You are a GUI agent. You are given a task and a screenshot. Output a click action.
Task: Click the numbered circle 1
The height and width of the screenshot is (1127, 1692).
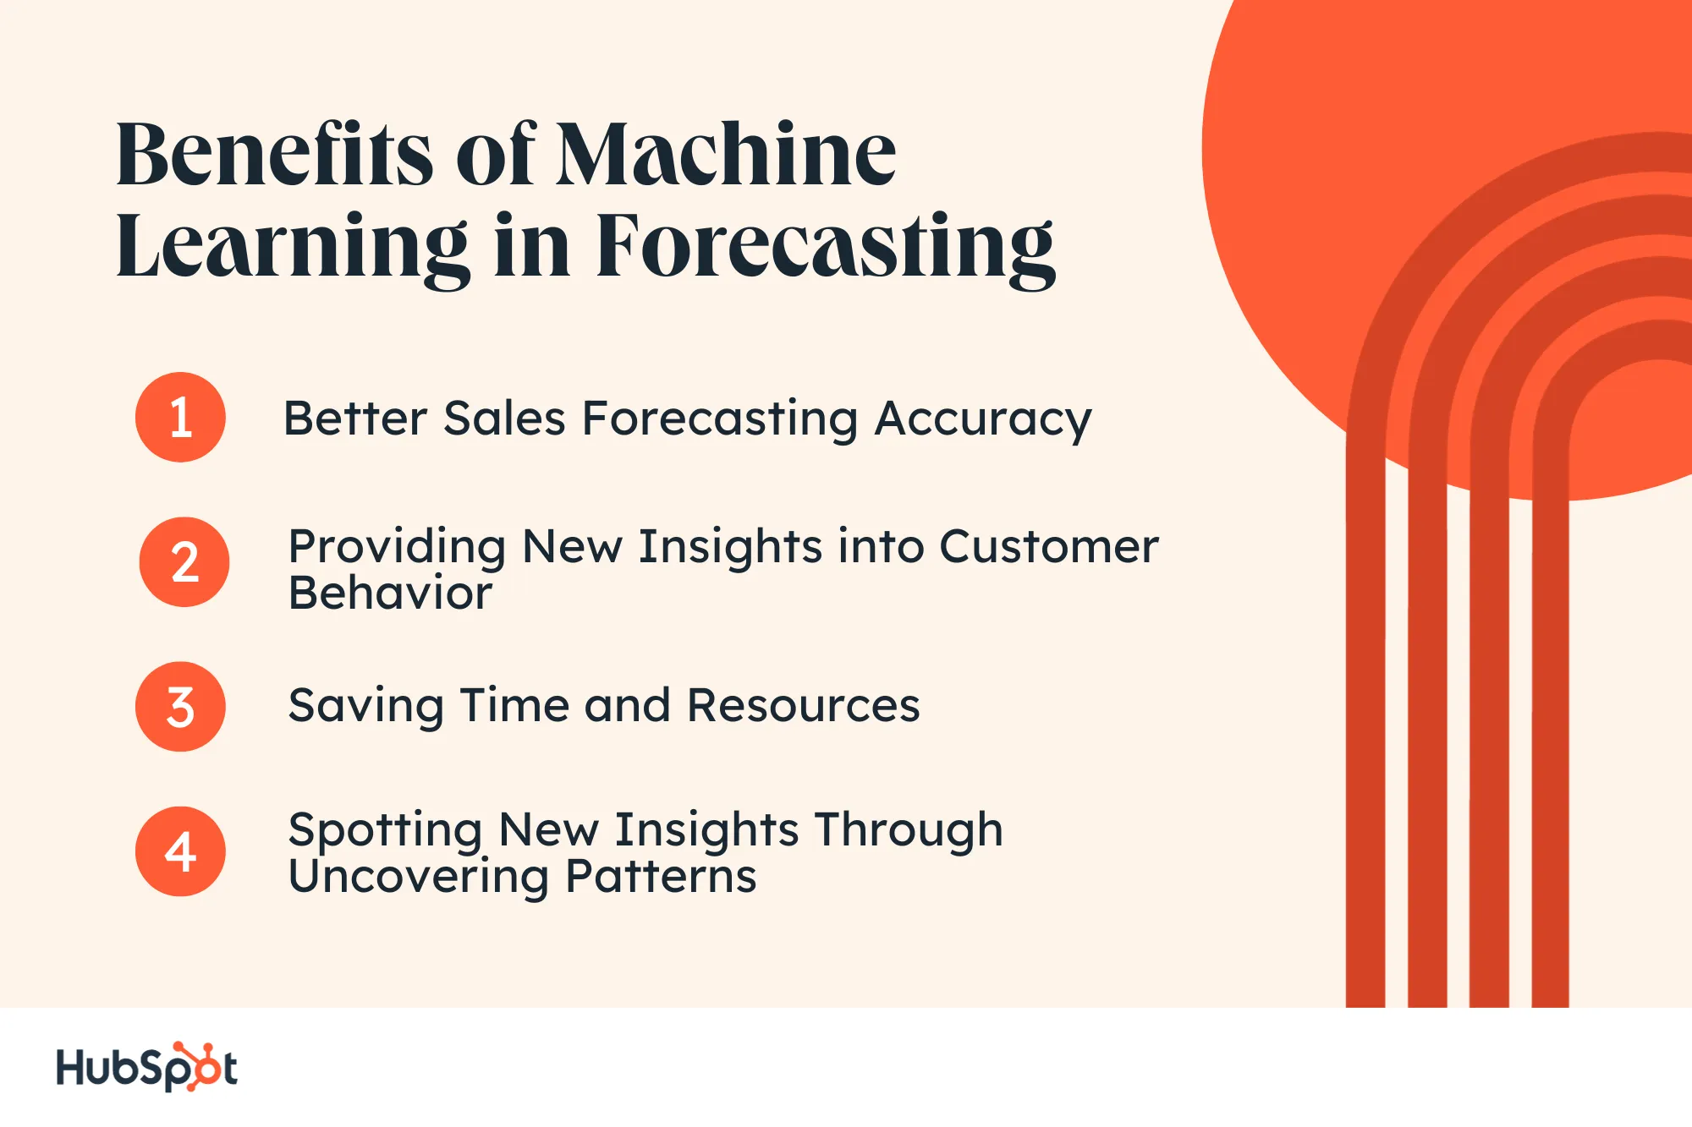[x=180, y=417]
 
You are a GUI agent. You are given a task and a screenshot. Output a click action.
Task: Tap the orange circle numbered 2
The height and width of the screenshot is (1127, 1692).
[x=184, y=562]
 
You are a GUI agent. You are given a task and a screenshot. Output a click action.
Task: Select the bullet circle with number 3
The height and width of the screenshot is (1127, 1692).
[x=180, y=707]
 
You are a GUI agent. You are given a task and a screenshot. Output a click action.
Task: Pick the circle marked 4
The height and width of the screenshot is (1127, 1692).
[x=180, y=851]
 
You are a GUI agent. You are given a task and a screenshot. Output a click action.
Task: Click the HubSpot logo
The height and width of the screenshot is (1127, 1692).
[x=146, y=1067]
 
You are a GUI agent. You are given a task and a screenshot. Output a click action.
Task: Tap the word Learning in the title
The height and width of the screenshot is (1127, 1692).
[x=293, y=249]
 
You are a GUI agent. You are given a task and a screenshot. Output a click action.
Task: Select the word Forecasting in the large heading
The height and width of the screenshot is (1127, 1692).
[x=826, y=249]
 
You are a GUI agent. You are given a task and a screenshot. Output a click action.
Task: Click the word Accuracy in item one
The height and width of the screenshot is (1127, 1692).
[x=983, y=421]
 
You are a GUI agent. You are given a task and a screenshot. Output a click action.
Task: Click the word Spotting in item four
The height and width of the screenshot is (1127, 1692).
[x=385, y=831]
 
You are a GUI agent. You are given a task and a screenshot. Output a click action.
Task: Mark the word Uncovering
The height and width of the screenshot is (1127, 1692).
[x=419, y=878]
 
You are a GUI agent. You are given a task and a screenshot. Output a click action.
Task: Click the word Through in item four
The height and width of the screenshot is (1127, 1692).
[x=909, y=831]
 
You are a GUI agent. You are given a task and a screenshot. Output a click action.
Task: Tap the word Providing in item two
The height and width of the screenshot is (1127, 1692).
[x=397, y=548]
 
